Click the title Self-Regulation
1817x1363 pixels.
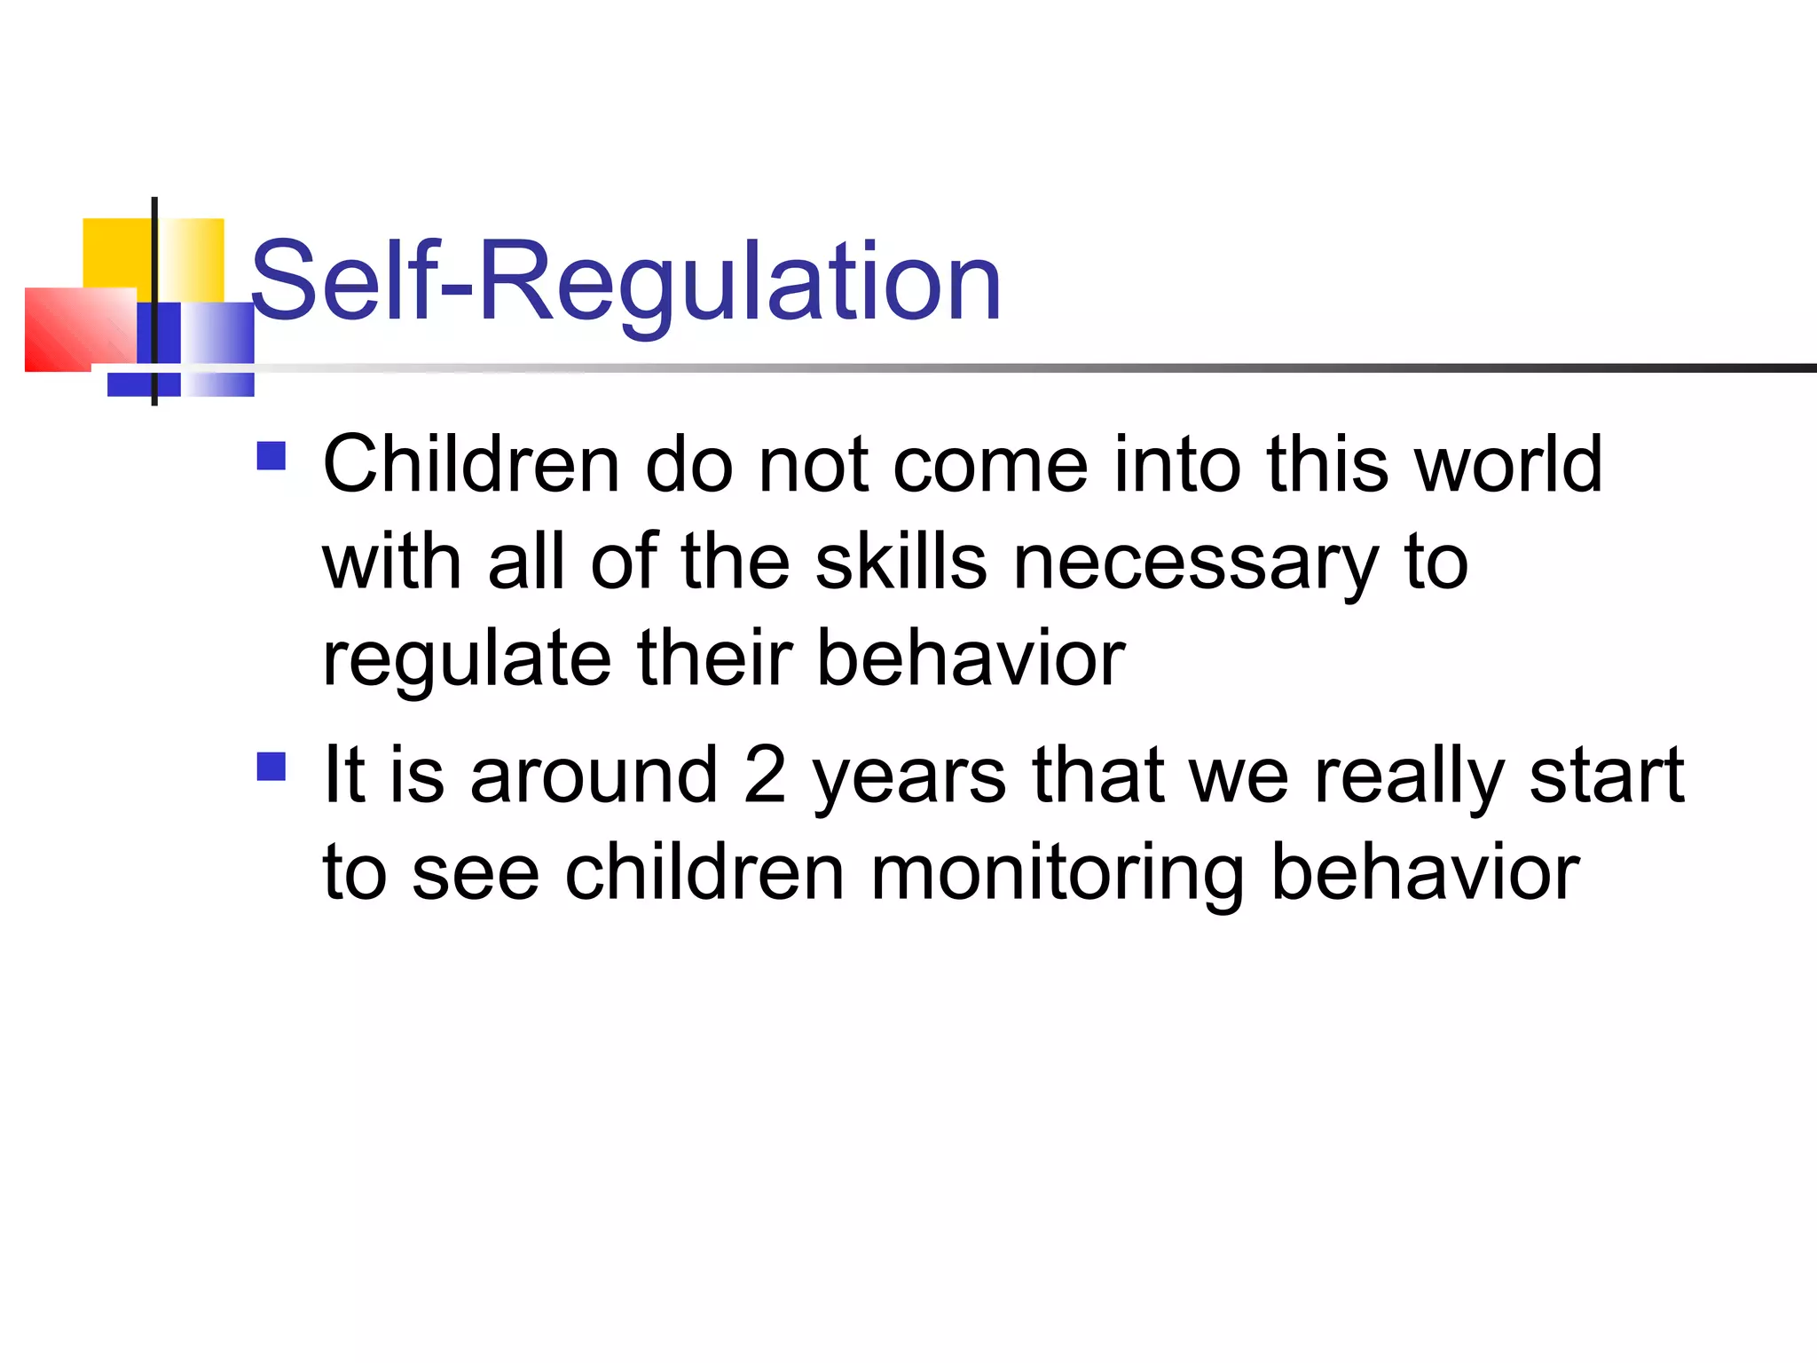(x=625, y=282)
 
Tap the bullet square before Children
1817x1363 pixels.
(x=271, y=456)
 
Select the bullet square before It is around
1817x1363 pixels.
(x=271, y=766)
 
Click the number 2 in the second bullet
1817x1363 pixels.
(x=765, y=776)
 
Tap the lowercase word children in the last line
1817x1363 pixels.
(x=704, y=872)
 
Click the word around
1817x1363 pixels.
(x=594, y=776)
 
